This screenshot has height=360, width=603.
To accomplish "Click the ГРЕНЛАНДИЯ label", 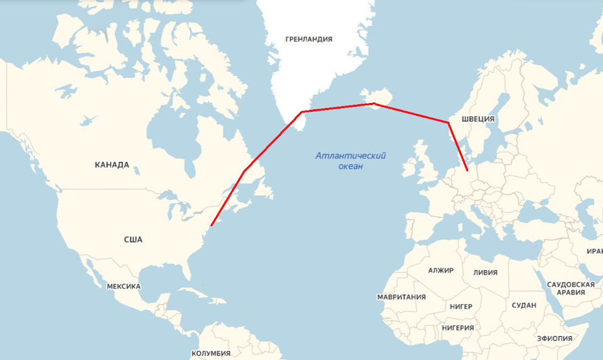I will tap(308, 39).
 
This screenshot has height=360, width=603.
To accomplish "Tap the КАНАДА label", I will tap(112, 165).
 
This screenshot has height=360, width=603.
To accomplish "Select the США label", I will tap(133, 239).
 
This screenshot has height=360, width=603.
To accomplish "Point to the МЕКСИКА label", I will tap(123, 286).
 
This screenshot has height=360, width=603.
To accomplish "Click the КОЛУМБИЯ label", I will tap(211, 353).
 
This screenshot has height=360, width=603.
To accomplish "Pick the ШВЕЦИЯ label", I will tap(478, 119).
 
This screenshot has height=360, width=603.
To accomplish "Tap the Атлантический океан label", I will tap(350, 161).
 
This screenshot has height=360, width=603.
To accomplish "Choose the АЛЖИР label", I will tap(440, 270).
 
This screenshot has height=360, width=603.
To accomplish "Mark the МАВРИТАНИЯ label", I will tap(401, 297).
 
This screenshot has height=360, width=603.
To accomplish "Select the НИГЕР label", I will tap(460, 307).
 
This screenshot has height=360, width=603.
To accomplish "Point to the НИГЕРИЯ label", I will tap(457, 327).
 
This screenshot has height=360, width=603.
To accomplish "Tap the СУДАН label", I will tap(524, 305).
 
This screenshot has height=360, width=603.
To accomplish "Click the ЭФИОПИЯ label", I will tap(555, 339).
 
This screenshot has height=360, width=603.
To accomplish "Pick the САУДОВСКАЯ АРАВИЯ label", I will tap(570, 288).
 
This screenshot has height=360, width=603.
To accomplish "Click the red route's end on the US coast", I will tap(212, 225).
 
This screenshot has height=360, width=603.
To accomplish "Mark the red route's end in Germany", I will tap(467, 170).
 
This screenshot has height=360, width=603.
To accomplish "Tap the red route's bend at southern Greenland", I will tap(302, 112).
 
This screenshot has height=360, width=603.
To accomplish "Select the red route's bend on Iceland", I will tap(374, 103).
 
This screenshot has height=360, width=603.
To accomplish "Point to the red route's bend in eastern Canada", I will tap(244, 170).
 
